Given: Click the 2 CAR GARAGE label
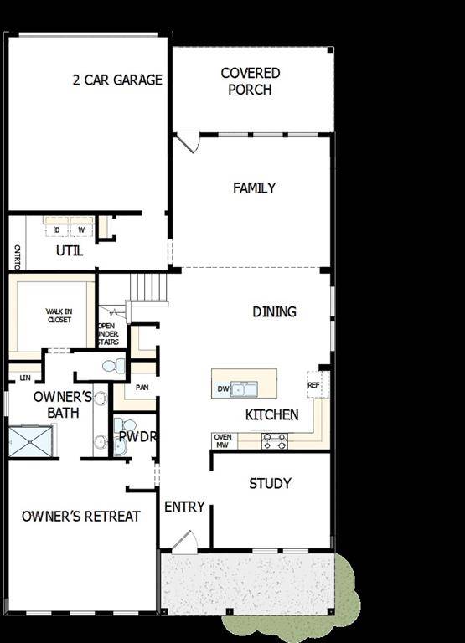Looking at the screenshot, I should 117,80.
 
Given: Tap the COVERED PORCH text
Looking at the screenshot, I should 251,81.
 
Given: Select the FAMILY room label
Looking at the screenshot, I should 254,188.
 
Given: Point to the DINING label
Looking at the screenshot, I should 274,311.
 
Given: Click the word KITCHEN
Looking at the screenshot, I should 271,414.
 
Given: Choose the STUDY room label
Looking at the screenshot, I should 271,483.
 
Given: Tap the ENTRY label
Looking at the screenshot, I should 184,507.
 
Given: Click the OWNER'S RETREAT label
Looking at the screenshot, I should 81,516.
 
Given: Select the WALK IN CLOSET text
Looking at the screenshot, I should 59,316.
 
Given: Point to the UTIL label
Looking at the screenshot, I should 70,250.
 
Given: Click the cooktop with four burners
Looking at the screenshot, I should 275,440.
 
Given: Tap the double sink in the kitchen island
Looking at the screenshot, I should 244,388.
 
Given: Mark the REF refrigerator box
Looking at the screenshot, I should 314,385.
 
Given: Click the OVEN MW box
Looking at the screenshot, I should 223,440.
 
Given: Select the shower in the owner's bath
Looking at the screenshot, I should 32,441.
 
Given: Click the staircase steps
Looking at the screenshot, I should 149,287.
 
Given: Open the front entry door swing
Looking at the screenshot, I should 186,540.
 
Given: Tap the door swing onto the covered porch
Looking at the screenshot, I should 188,141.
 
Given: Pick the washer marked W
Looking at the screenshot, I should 81,229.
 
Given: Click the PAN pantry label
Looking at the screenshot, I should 142,388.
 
